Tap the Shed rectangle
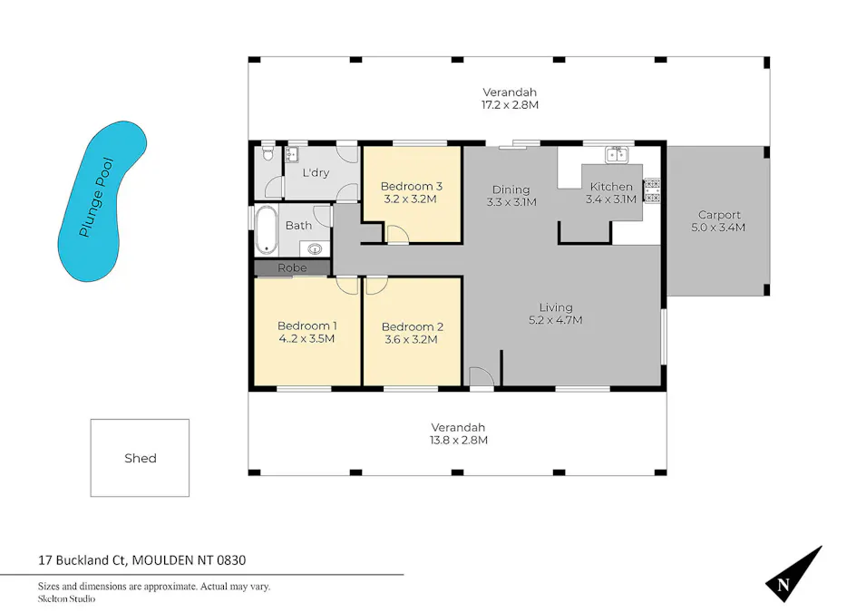(x=140, y=458)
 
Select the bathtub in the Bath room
(x=267, y=230)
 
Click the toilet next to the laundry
(x=267, y=156)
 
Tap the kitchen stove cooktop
(x=652, y=191)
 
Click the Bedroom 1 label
(x=307, y=326)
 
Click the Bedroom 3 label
(x=411, y=185)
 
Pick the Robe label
(x=292, y=268)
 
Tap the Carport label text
(x=718, y=215)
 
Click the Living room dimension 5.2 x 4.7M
(x=555, y=320)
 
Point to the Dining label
(x=511, y=189)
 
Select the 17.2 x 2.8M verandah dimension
(x=509, y=105)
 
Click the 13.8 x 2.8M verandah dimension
(x=458, y=441)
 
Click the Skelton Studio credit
(x=66, y=598)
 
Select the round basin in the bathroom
(x=316, y=248)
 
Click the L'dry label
(x=316, y=172)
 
